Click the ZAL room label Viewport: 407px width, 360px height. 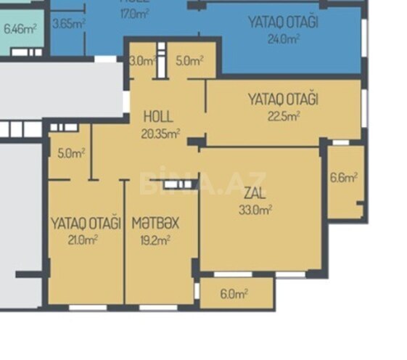(x=254, y=195)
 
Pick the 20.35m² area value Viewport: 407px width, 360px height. (x=161, y=132)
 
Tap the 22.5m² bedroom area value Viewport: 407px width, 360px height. (x=283, y=114)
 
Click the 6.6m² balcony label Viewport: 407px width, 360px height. (x=343, y=177)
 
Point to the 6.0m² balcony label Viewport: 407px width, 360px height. (x=234, y=294)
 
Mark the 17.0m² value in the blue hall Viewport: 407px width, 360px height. (x=136, y=12)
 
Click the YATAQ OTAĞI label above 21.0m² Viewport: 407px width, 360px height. (x=85, y=223)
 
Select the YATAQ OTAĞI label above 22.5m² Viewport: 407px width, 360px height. (x=283, y=99)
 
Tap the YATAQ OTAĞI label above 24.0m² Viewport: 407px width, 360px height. (x=283, y=22)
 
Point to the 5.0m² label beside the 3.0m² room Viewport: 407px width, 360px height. (x=189, y=62)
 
